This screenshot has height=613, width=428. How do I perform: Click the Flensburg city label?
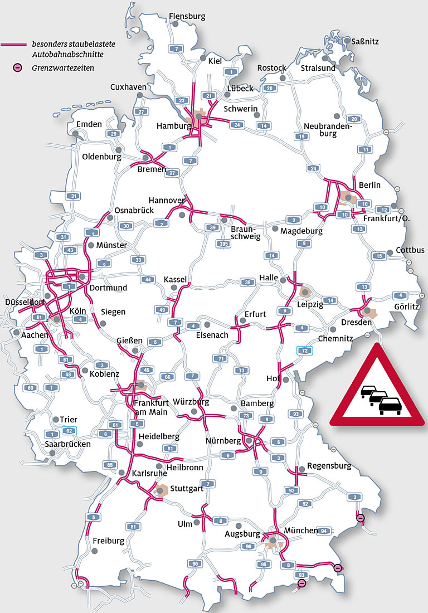[187, 16]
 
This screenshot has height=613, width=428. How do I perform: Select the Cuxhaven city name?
[128, 87]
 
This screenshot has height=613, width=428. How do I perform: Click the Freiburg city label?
[109, 541]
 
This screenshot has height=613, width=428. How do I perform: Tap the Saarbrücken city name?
[68, 444]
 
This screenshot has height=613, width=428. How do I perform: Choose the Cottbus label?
[410, 250]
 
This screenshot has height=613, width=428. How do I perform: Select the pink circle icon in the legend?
[18, 68]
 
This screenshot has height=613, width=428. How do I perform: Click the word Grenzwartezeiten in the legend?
[62, 68]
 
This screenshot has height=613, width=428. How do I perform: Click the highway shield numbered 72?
[304, 350]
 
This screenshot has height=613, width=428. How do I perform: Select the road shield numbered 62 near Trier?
[69, 431]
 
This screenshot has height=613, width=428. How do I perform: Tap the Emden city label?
[89, 124]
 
